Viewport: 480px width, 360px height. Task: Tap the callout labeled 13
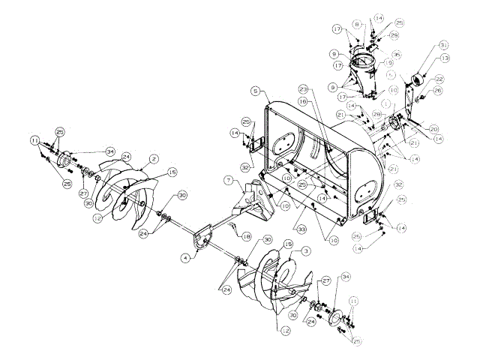[445, 58]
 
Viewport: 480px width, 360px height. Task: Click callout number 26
[438, 91]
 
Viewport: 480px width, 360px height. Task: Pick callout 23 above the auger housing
[303, 88]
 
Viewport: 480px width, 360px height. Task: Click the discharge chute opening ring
[367, 58]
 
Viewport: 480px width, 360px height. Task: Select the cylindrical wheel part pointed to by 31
[418, 77]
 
